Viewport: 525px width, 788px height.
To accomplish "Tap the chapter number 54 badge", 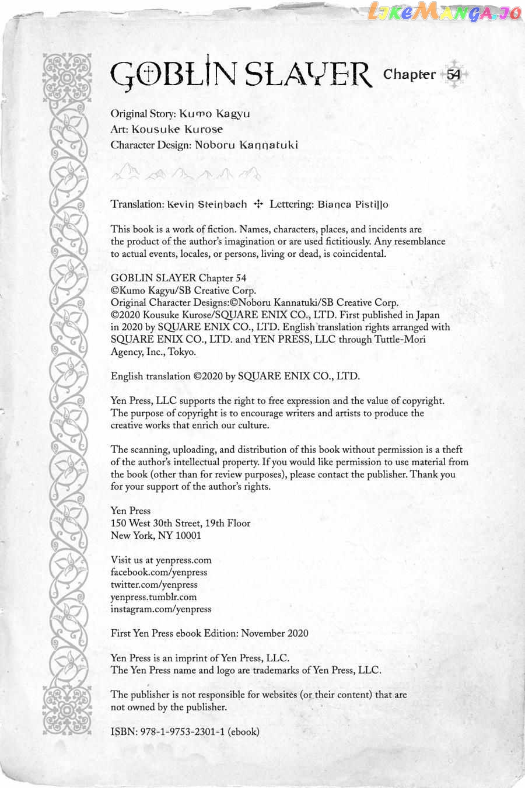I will pos(454,74).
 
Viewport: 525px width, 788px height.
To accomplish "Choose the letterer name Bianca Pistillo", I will pos(353,204).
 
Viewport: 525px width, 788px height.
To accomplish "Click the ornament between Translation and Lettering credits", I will pos(259,204).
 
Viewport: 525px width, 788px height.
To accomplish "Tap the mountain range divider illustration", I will pos(186,173).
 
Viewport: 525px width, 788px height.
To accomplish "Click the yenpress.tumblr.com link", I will pos(153,597).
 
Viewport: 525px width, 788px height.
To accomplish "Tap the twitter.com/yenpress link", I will pos(154,584).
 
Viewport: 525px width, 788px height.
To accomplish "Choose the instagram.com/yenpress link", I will pos(161,609).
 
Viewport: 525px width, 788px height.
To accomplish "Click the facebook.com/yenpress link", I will pos(159,572).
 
